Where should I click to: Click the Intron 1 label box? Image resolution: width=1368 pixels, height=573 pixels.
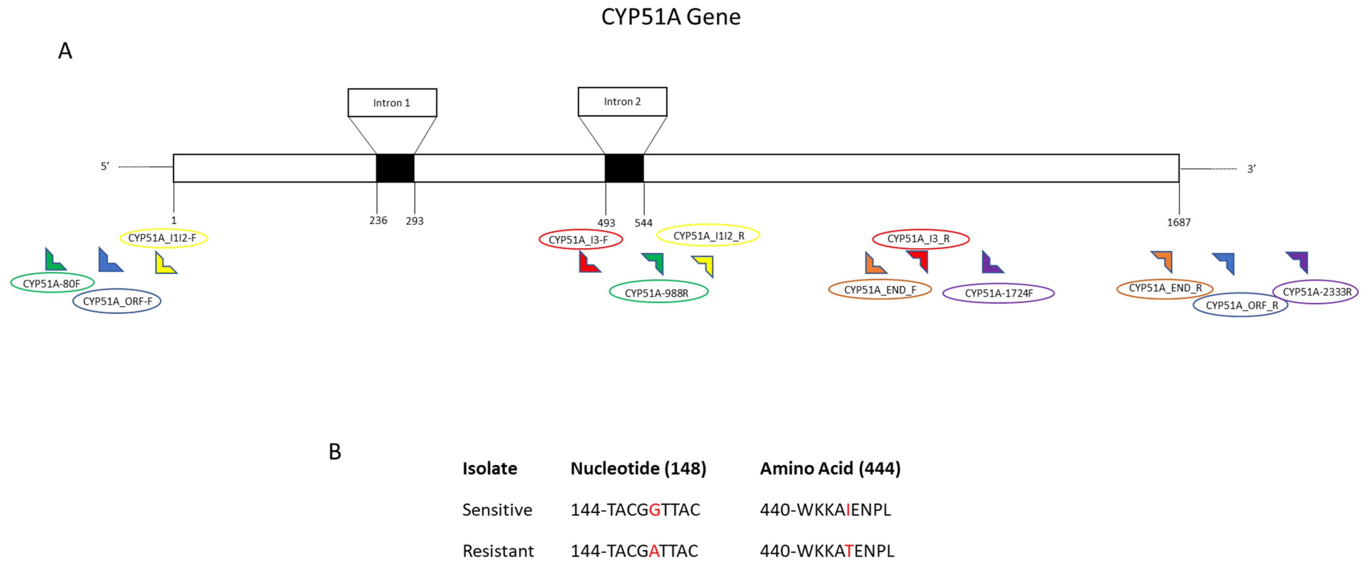coord(392,102)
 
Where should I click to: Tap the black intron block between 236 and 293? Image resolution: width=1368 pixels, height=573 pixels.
coord(395,168)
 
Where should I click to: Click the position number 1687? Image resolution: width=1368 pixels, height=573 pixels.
coord(1178,223)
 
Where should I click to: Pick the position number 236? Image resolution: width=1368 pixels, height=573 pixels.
coord(378,220)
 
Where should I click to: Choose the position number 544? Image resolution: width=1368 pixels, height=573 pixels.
coord(643,223)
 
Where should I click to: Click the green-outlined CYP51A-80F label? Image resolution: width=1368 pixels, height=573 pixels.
coord(52,283)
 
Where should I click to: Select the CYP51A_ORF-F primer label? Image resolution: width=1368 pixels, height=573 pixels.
coord(117,301)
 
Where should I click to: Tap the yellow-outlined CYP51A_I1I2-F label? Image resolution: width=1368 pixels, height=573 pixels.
coord(163,238)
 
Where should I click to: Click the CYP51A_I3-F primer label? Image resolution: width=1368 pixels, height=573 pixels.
coord(580,240)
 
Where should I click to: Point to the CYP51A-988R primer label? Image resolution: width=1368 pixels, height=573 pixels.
coord(658,292)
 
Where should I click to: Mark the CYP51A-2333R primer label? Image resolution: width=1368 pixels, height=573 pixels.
coord(1316,292)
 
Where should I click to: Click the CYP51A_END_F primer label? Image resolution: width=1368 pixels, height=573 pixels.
coord(880,289)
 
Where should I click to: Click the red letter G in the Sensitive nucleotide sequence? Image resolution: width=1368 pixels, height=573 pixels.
coord(654,510)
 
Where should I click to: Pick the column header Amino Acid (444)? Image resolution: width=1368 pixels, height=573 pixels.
coord(830,468)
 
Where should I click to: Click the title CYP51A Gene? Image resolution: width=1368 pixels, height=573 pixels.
coord(671,17)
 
